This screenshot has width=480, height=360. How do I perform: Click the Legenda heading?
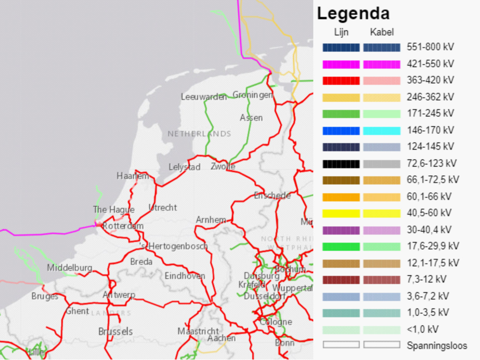point(353,14)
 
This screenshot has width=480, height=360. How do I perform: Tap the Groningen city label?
point(252,95)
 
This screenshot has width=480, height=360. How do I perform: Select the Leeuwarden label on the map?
point(203,97)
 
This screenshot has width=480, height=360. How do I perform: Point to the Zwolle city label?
point(223,166)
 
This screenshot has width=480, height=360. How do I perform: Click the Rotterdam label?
point(123,226)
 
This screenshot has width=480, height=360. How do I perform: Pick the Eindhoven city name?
point(185,276)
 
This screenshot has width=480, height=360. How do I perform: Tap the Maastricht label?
point(198,331)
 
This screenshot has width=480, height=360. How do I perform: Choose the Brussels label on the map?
point(115,331)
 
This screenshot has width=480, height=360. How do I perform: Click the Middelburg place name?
point(70,268)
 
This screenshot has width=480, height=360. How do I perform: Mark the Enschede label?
point(272,196)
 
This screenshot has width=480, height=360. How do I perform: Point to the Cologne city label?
point(276,322)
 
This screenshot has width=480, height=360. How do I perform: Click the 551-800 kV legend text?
point(430,47)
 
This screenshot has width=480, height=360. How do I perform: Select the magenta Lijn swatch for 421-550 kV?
point(341,64)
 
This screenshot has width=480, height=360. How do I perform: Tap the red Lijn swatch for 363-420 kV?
point(341,81)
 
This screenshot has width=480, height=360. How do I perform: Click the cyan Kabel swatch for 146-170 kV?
point(382,131)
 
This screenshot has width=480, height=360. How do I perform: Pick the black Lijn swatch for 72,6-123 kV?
point(341,164)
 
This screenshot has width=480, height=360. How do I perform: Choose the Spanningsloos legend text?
point(437,346)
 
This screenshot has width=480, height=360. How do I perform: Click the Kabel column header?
point(382,32)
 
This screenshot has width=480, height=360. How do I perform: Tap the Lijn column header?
point(341,32)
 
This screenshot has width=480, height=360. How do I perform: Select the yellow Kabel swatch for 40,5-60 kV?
point(382,214)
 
